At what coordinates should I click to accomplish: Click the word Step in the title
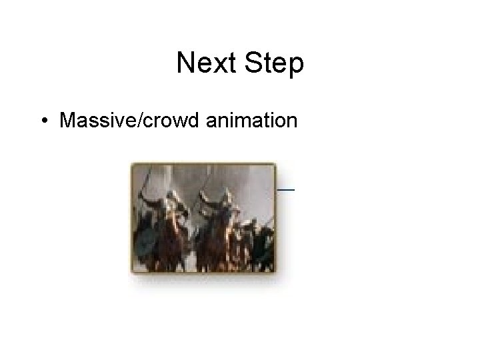pyautogui.click(x=275, y=64)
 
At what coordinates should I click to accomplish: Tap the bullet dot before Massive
pyautogui.click(x=43, y=121)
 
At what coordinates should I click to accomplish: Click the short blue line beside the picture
pyautogui.click(x=285, y=189)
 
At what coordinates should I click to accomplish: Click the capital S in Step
pyautogui.click(x=253, y=64)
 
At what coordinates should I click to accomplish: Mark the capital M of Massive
pyautogui.click(x=67, y=121)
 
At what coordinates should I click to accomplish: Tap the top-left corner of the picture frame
pyautogui.click(x=132, y=164)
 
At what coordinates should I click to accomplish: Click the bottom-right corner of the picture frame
pyautogui.click(x=275, y=272)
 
